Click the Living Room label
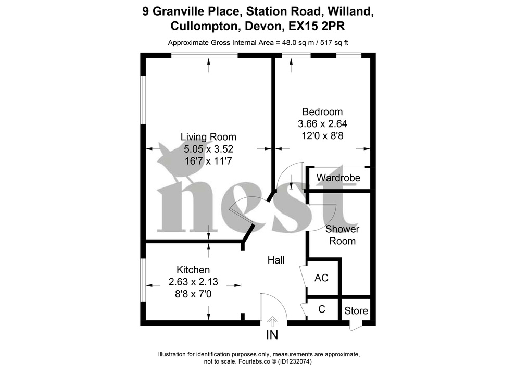coord(208,137)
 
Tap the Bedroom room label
coord(322,111)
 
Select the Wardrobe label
coord(338,178)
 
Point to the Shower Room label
coord(342,235)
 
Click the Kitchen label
coord(193,270)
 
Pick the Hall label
coord(276,260)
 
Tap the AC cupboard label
coord(321,278)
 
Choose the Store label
coord(356,311)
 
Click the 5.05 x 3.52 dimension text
coord(208,149)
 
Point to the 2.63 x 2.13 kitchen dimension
coord(193,282)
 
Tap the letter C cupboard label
coord(321,309)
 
